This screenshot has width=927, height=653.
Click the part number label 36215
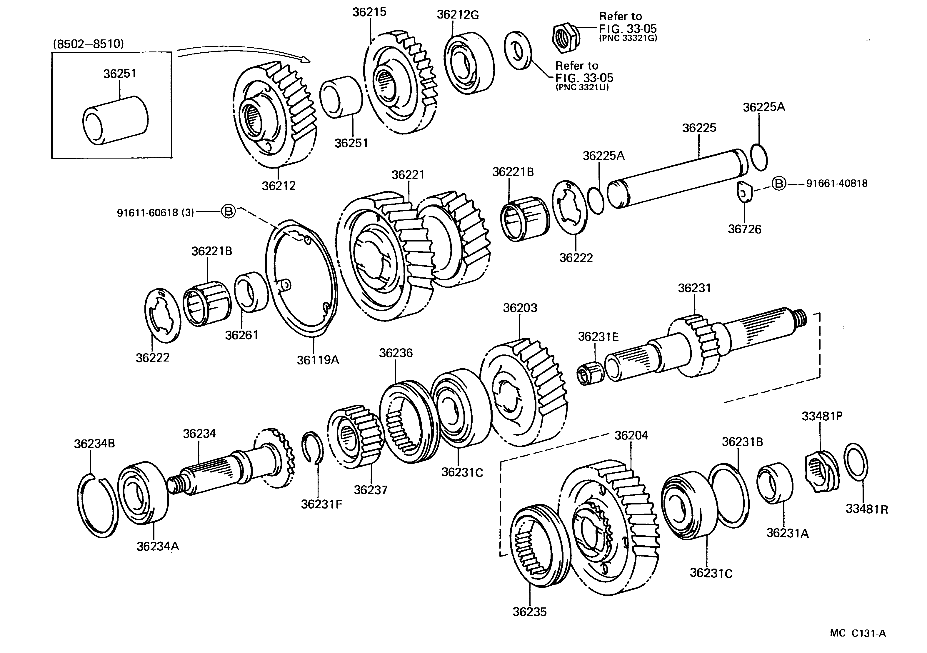tap(369, 12)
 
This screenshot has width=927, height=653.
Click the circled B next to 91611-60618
tap(228, 211)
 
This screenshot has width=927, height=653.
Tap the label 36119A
tap(318, 360)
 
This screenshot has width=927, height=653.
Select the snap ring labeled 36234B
tap(97, 507)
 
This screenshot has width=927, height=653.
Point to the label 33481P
tap(822, 416)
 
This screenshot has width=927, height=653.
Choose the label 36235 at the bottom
tap(529, 612)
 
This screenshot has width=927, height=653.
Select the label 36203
tap(520, 308)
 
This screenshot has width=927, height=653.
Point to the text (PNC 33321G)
tap(628, 38)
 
